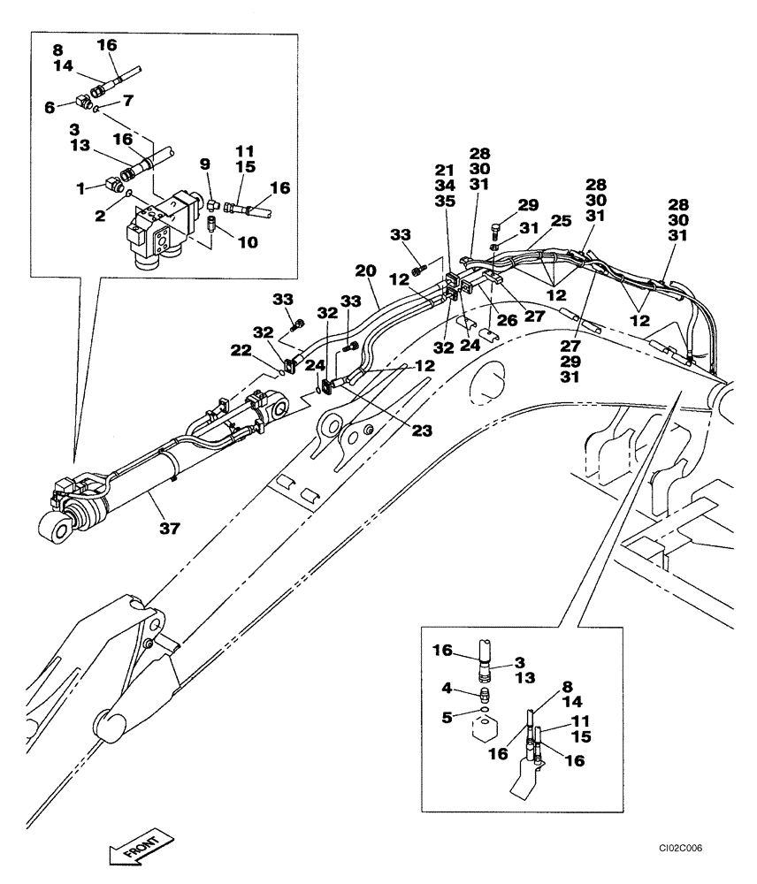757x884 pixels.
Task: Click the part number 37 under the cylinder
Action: point(169,529)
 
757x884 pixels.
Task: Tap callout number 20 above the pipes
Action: point(366,271)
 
